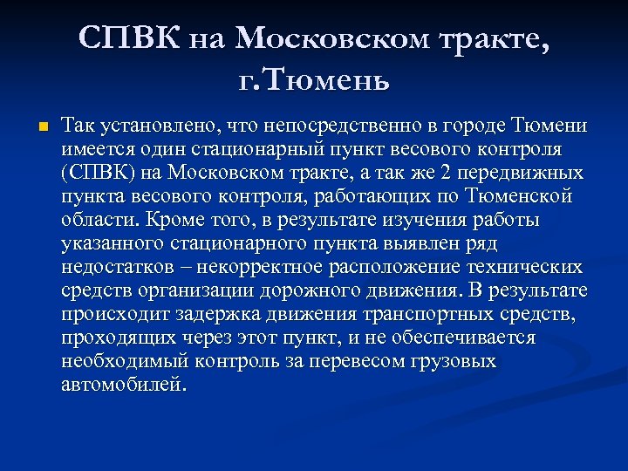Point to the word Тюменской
pos(520,195)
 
